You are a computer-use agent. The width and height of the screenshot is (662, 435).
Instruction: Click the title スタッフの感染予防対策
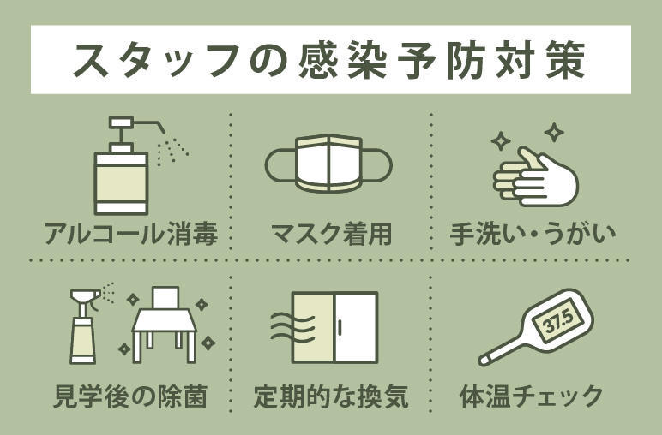(330, 59)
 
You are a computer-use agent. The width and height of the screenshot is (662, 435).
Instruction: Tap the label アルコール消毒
(130, 233)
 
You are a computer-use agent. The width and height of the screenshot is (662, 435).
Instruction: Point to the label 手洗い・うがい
(533, 233)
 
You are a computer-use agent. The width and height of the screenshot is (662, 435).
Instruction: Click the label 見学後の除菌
(130, 397)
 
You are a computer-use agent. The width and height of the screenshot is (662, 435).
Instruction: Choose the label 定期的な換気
(330, 397)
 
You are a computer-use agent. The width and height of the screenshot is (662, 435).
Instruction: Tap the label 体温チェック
(532, 397)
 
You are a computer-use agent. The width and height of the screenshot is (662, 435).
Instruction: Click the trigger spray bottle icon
(82, 325)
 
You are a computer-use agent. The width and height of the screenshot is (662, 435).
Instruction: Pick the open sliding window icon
(334, 329)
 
